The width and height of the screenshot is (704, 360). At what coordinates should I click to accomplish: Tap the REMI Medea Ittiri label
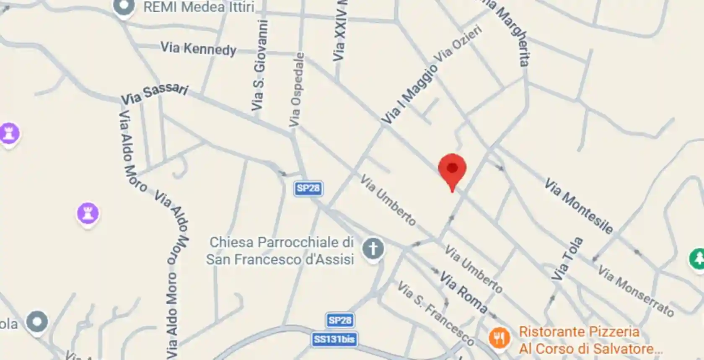(199, 7)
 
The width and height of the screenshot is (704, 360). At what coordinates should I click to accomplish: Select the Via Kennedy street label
(198, 49)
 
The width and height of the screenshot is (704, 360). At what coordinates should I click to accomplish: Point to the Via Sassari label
(154, 94)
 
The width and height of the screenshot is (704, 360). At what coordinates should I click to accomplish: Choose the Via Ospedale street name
(296, 90)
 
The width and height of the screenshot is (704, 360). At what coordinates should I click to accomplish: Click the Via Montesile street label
(578, 205)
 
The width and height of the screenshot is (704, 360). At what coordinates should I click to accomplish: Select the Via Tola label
(567, 259)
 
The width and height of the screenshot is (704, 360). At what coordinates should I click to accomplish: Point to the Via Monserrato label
(635, 290)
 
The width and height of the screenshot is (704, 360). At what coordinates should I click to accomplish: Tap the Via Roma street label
(463, 293)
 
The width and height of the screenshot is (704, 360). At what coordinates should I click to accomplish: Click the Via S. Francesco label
(435, 313)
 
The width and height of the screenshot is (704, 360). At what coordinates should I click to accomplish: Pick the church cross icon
(373, 249)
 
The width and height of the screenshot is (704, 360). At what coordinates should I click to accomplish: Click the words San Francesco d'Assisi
(280, 259)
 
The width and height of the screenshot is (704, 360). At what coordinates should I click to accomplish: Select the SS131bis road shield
(334, 339)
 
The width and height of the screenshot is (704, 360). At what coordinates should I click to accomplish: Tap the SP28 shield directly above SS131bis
(340, 321)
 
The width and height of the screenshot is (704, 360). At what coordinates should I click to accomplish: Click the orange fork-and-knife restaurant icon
(499, 337)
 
